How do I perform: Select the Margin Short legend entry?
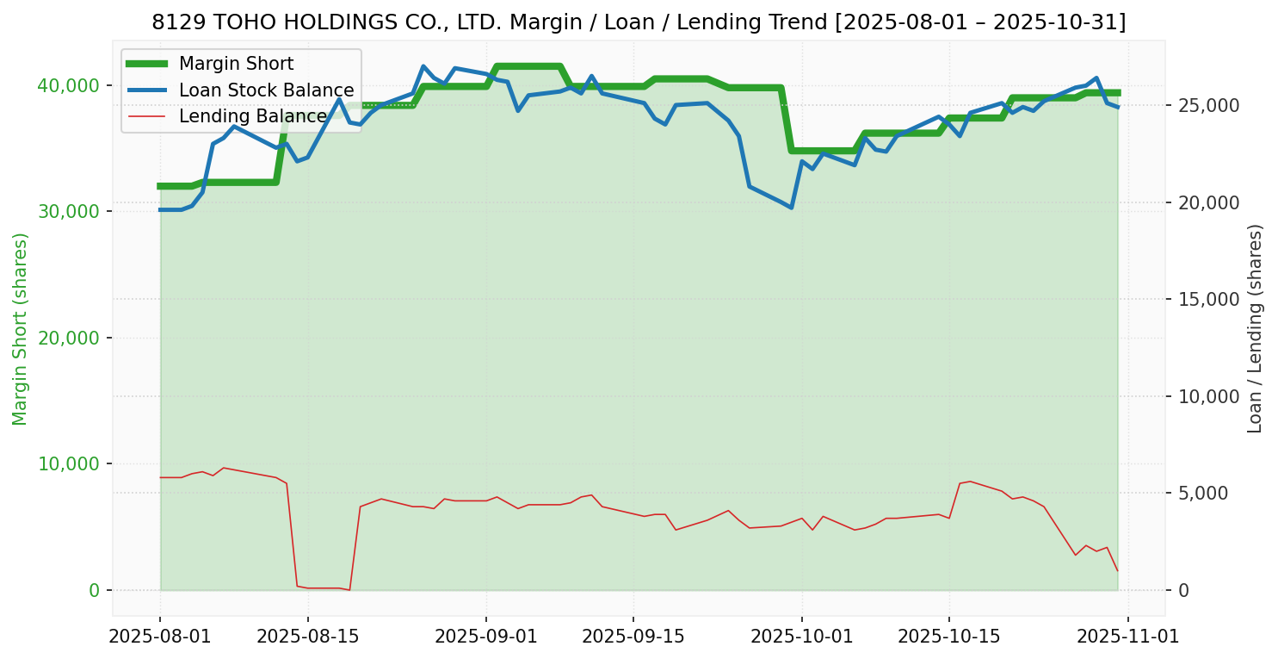pyautogui.click(x=236, y=64)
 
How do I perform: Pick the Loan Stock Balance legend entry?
pyautogui.click(x=266, y=90)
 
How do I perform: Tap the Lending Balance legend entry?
pyautogui.click(x=252, y=116)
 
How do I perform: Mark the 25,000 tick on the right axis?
pyautogui.click(x=1207, y=105)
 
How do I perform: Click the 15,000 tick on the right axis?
pyautogui.click(x=1207, y=300)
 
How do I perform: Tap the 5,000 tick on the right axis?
pyautogui.click(x=1203, y=494)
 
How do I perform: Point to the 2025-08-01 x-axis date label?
pyautogui.click(x=160, y=637)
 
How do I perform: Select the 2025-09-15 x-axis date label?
pyautogui.click(x=633, y=637)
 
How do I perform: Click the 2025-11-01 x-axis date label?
pyautogui.click(x=1128, y=637)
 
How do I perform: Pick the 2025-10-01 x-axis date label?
pyautogui.click(x=801, y=637)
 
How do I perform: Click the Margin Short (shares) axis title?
pyautogui.click(x=21, y=329)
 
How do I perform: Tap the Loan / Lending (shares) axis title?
pyautogui.click(x=1255, y=328)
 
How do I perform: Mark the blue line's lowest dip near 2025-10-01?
pyautogui.click(x=791, y=208)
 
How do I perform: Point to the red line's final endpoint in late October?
pyautogui.click(x=1117, y=570)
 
